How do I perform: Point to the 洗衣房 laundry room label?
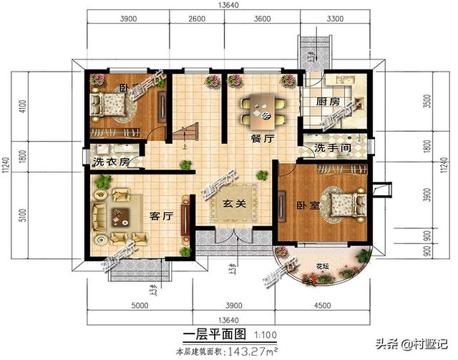(112, 162)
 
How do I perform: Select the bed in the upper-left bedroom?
(112, 105)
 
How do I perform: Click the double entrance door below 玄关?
(232, 238)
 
